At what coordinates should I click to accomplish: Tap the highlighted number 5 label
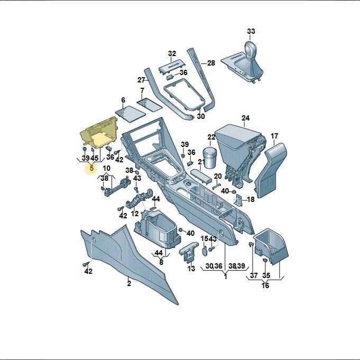pos(91,168)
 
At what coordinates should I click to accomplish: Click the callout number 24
pos(245,118)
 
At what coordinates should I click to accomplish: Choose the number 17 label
pos(274,136)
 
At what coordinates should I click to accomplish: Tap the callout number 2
pos(129,283)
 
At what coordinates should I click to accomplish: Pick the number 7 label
pos(142,90)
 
